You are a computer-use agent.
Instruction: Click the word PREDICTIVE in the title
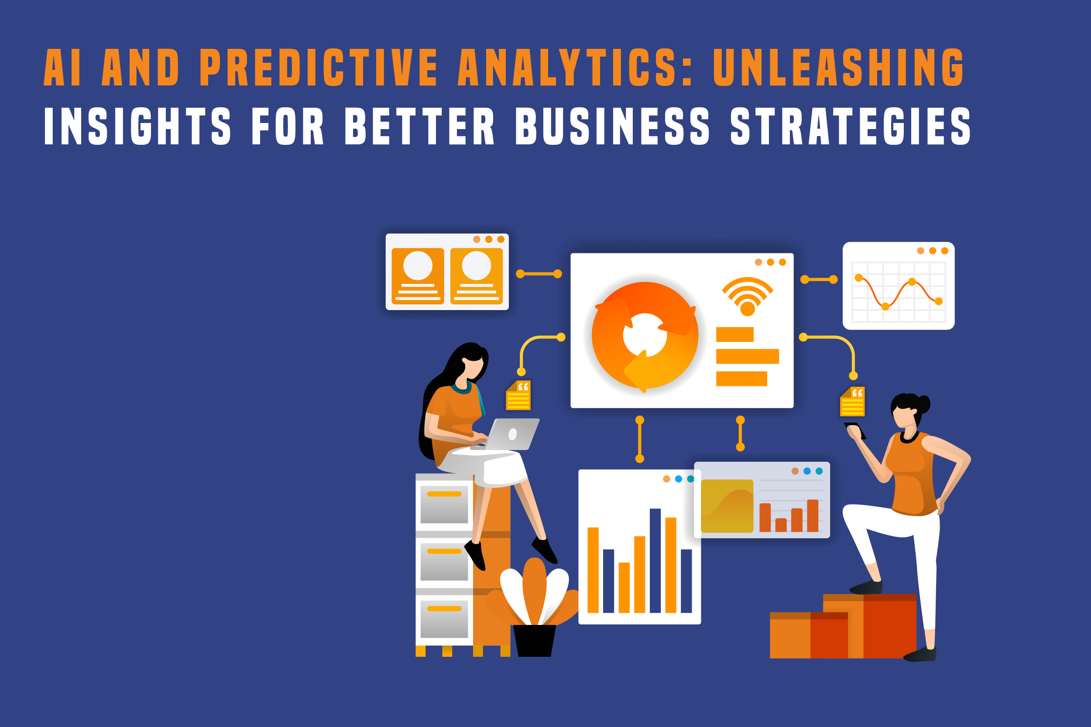tap(319, 67)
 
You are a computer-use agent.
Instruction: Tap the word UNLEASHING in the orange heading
tap(839, 67)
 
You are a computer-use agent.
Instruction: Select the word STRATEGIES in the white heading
tap(850, 126)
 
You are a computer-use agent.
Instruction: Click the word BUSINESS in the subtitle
tap(612, 126)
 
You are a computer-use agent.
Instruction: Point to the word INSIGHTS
tap(137, 126)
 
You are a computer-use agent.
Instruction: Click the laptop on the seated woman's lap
tap(507, 434)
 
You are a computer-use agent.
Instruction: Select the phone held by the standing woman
tap(856, 430)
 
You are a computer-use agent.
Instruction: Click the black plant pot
tap(534, 640)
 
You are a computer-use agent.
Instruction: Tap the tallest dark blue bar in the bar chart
tap(655, 560)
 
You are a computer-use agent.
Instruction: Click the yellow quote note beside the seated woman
tap(518, 396)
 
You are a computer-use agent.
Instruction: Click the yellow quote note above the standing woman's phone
tap(853, 402)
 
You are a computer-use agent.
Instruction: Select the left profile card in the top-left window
tap(418, 276)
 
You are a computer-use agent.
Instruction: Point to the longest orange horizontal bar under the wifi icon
tap(747, 356)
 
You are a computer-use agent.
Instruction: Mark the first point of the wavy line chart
tap(858, 278)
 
